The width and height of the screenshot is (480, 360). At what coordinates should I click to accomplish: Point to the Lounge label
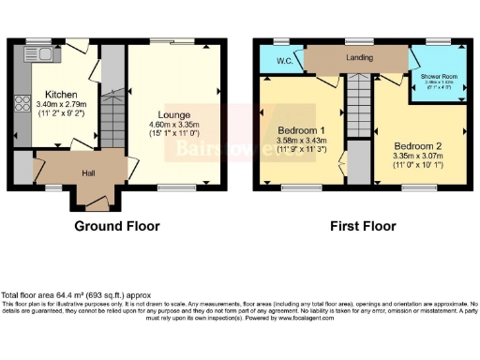click(x=174, y=114)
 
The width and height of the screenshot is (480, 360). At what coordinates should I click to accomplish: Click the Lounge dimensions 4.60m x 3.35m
click(x=175, y=125)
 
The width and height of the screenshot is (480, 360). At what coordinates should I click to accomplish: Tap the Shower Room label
click(x=438, y=78)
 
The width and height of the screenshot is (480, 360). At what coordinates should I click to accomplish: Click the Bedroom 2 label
click(x=417, y=147)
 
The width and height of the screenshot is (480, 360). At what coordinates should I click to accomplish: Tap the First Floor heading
click(x=362, y=226)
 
